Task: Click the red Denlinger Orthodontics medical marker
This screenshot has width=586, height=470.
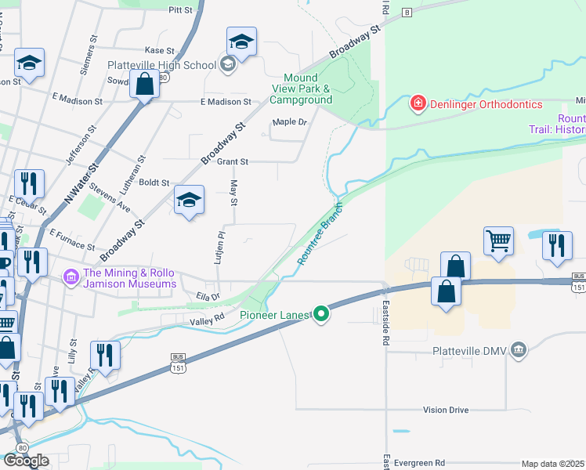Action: point(418,103)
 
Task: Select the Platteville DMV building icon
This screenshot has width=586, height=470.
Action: point(518,350)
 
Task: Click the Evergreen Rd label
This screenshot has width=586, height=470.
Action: point(418,463)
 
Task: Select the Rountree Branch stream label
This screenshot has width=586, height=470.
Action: point(317,233)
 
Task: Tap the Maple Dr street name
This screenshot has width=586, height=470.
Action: point(289,122)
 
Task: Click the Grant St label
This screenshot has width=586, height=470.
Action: point(232,162)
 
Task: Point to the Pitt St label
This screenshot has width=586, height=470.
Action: point(180,9)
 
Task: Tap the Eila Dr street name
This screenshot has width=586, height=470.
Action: point(208,296)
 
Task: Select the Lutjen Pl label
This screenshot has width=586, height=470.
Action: point(221,245)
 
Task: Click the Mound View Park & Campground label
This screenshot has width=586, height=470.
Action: point(301,89)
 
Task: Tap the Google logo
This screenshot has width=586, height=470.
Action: point(26,461)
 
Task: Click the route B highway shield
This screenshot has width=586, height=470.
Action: point(407,13)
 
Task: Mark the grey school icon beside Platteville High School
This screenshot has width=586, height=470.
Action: point(228,64)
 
